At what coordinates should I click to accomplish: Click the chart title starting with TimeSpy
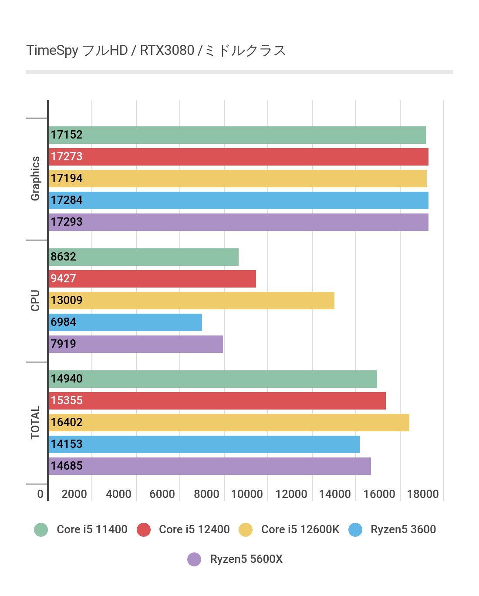coord(156,51)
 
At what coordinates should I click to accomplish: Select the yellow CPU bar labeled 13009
coord(192,301)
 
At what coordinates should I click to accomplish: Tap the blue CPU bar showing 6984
coord(125,322)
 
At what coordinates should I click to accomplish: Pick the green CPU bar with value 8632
coord(144,257)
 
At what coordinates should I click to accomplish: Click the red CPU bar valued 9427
coord(152,279)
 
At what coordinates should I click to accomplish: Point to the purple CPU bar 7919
coord(136,344)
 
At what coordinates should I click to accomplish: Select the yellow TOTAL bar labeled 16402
coord(229,423)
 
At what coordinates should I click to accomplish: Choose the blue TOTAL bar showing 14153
coord(204,444)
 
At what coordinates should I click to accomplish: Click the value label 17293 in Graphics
coord(67,222)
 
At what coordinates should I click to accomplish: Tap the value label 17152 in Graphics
coord(67,135)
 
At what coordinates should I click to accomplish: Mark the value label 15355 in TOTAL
coord(67,401)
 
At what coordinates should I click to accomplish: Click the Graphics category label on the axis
coord(35,179)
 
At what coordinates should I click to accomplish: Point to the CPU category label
coord(35,301)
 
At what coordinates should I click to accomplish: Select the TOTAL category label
coord(35,423)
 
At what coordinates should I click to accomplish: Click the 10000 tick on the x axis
coord(247,494)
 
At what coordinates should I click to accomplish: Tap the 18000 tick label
coord(423,494)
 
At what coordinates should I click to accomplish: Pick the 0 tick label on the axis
coord(40,494)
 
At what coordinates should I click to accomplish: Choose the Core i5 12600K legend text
coord(300,530)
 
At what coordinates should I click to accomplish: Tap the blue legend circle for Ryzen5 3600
coord(355,530)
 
